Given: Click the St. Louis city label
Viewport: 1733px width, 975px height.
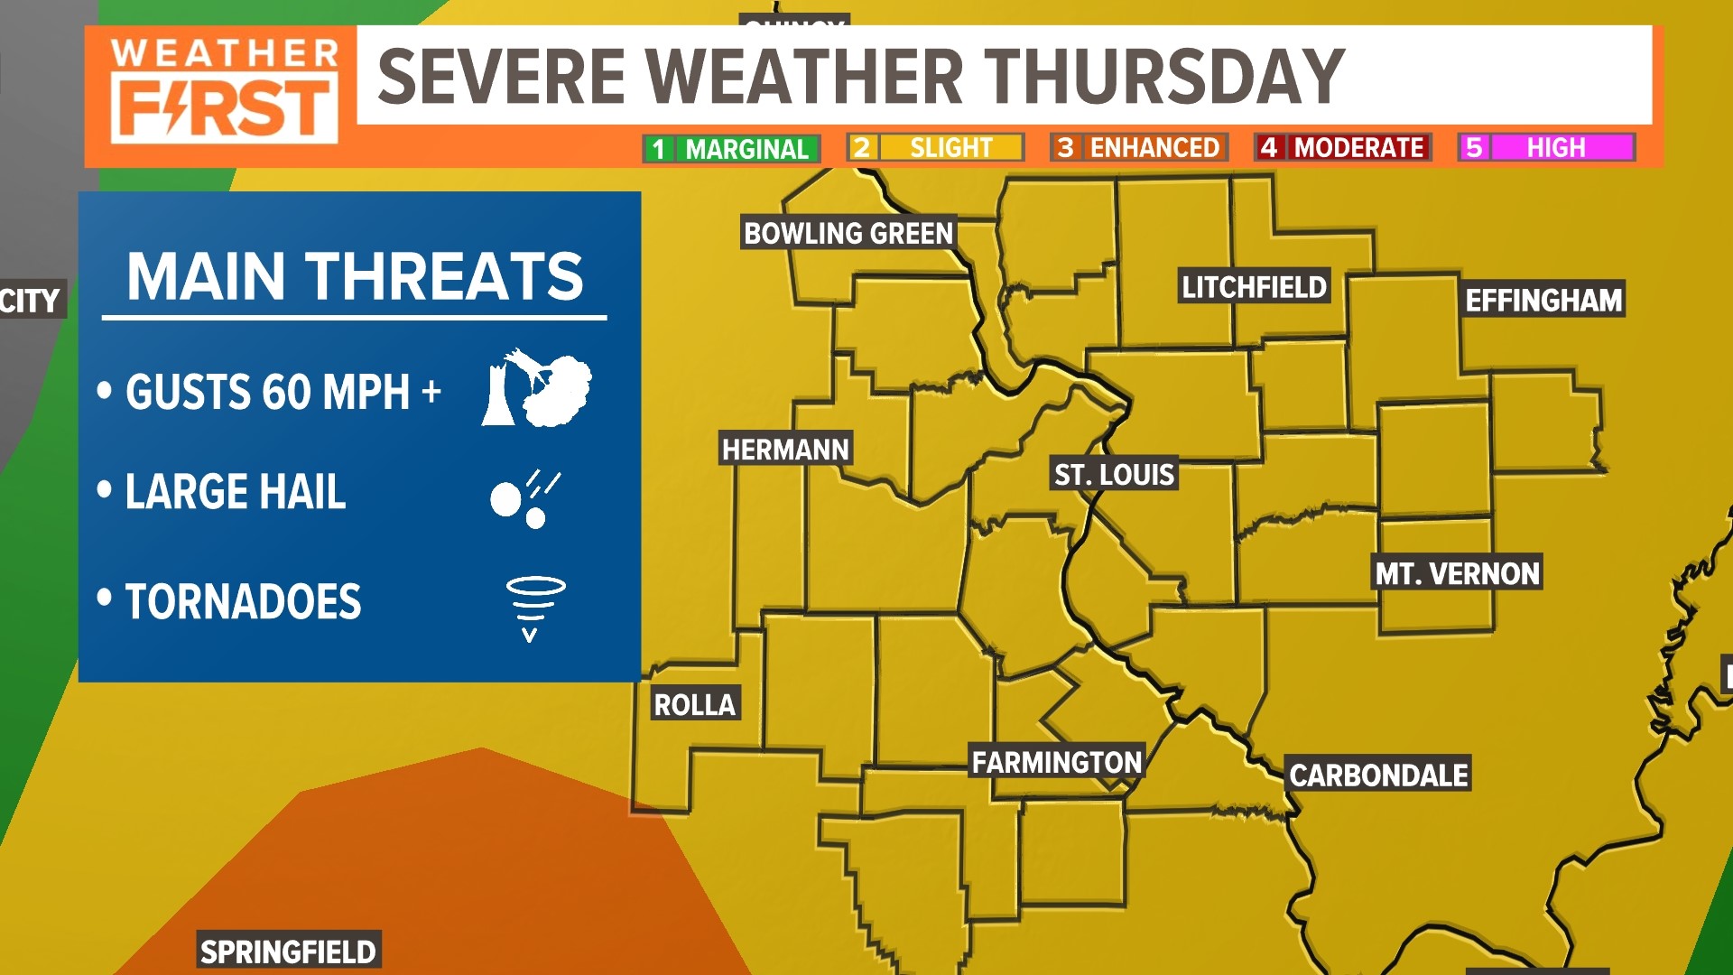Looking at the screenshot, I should [x=1114, y=475].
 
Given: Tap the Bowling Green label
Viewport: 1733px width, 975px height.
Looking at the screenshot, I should [x=848, y=233].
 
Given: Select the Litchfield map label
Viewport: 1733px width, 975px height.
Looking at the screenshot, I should [x=1254, y=287].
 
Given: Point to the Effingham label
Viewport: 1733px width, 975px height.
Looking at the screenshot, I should [x=1543, y=300].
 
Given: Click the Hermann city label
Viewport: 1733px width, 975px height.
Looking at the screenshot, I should [x=785, y=450].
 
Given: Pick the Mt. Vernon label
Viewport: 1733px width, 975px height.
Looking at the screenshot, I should [x=1457, y=573].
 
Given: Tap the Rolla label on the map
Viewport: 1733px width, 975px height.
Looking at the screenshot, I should [x=694, y=704].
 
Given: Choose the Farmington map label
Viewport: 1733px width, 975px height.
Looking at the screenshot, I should [x=1056, y=763].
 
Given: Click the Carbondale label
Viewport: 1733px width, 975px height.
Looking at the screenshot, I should [x=1378, y=775].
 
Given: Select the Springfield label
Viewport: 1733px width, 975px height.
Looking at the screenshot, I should [x=288, y=952].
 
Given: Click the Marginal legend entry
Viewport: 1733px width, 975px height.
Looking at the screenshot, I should [x=731, y=149].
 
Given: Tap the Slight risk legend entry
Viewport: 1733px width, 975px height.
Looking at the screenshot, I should [x=935, y=148].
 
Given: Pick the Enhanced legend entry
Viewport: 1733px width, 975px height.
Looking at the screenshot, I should [x=1139, y=148].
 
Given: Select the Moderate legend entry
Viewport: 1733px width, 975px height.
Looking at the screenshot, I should [x=1343, y=148].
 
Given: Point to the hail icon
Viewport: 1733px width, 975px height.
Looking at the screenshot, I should [x=524, y=497].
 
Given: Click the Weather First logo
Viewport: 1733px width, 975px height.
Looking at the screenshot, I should [x=224, y=90].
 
